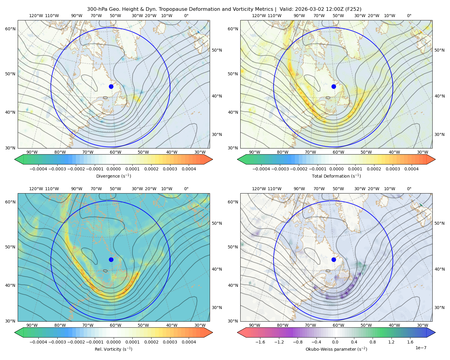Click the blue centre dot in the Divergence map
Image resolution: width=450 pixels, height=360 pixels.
tap(111, 86)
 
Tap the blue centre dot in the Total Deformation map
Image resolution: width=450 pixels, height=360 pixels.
tap(334, 86)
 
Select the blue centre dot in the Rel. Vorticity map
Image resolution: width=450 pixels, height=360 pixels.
tap(111, 259)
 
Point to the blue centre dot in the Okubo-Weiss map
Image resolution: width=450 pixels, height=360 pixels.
tap(334, 259)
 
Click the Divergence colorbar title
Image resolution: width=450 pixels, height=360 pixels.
tap(113, 176)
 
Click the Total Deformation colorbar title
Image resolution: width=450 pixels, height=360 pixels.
tap(336, 176)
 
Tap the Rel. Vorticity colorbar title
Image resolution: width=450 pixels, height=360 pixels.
tap(113, 349)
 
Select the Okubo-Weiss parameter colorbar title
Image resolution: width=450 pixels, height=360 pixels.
tap(336, 349)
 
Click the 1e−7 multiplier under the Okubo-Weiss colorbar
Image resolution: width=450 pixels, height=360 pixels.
tap(421, 348)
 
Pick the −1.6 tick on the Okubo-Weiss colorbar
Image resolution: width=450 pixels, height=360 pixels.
tap(260, 342)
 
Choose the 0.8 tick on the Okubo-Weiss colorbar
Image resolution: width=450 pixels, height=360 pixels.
tap(373, 342)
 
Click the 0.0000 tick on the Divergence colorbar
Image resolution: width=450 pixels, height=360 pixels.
tap(113, 169)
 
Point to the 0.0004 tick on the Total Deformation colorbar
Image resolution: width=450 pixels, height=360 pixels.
tap(411, 169)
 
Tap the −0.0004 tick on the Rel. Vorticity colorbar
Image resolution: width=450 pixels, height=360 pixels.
tap(38, 342)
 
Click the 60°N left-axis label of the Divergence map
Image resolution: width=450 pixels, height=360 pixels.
tap(10, 29)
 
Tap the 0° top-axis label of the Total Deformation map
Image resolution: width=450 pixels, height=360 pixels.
tap(409, 16)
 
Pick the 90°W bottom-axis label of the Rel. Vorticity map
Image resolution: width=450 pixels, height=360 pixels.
tap(32, 325)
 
